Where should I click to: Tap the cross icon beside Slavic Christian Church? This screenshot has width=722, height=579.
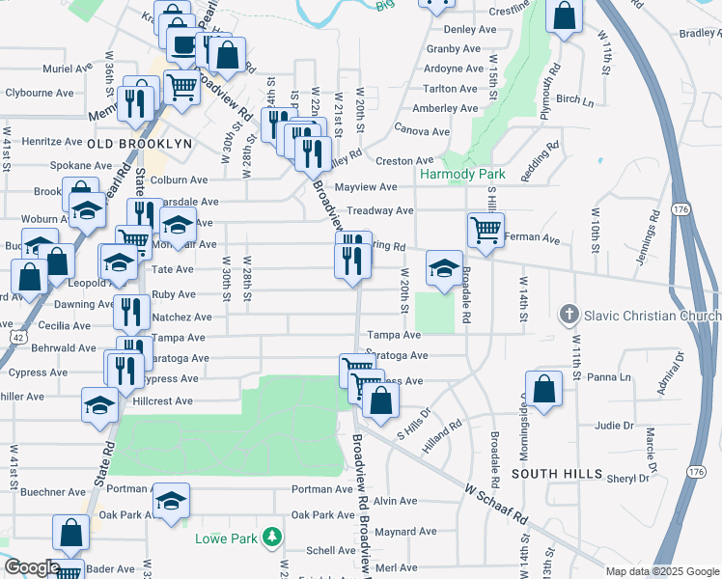point(569,316)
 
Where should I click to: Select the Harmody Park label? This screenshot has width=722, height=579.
point(462,175)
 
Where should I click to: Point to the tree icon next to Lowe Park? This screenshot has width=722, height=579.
point(274,537)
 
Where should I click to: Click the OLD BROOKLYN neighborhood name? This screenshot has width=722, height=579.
point(140,144)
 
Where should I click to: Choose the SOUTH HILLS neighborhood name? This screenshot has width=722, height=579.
point(557,475)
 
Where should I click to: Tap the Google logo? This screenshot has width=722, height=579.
point(31,567)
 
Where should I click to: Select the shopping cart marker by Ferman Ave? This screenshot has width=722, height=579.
point(485,229)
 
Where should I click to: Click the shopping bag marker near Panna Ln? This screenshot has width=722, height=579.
point(544,388)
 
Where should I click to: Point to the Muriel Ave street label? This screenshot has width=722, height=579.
point(66,70)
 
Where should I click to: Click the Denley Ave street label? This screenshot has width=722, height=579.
point(454,30)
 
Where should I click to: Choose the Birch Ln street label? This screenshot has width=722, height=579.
point(576,99)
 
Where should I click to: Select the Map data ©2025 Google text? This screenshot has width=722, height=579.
point(662,571)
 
